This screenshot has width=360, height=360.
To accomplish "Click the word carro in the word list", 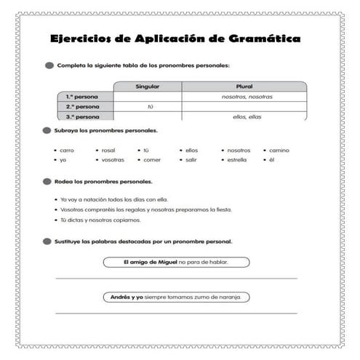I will coord(68,150).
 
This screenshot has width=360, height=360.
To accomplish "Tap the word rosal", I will coord(109,150).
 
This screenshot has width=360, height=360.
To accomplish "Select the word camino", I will coord(279,150).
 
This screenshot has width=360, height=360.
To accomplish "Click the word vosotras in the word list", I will coord(113,159).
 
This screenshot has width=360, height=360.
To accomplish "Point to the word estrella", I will coord(237,159).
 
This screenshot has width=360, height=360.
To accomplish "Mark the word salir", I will coord(191,159).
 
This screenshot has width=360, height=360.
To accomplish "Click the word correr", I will coord(152,159).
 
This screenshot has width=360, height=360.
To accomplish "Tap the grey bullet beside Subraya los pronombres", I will coord(48,132).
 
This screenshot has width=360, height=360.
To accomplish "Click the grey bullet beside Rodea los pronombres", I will coord(48,181).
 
